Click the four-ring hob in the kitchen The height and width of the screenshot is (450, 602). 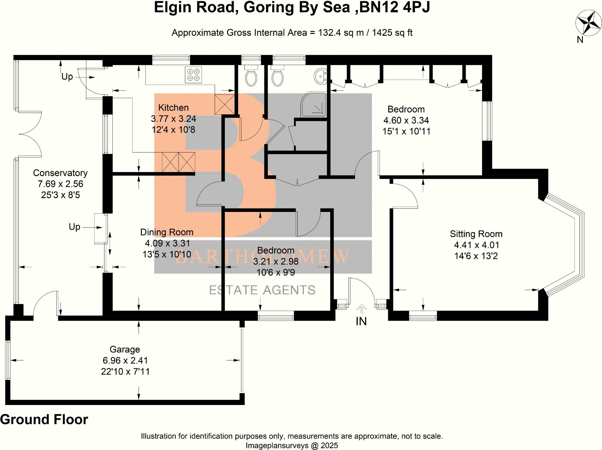(x=193, y=75)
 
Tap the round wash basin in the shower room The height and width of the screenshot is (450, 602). (x=320, y=76)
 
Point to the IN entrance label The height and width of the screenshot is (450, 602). (x=361, y=321)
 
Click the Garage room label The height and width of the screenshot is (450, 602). (x=125, y=349)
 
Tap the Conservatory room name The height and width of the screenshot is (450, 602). (x=60, y=173)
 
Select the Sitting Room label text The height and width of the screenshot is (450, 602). (x=476, y=234)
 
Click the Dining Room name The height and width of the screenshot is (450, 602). (x=167, y=232)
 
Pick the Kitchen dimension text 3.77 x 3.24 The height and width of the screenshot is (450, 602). (x=173, y=119)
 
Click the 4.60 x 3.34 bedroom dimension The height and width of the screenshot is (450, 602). (x=406, y=120)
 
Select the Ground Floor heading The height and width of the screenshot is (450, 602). (x=44, y=419)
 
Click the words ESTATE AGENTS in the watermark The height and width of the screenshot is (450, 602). (x=262, y=290)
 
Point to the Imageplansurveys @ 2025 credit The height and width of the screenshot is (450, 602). (x=292, y=446)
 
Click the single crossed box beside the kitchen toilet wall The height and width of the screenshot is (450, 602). (x=225, y=104)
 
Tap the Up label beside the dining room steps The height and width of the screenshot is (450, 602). (x=74, y=227)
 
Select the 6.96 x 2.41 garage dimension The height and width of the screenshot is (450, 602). (x=125, y=360)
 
